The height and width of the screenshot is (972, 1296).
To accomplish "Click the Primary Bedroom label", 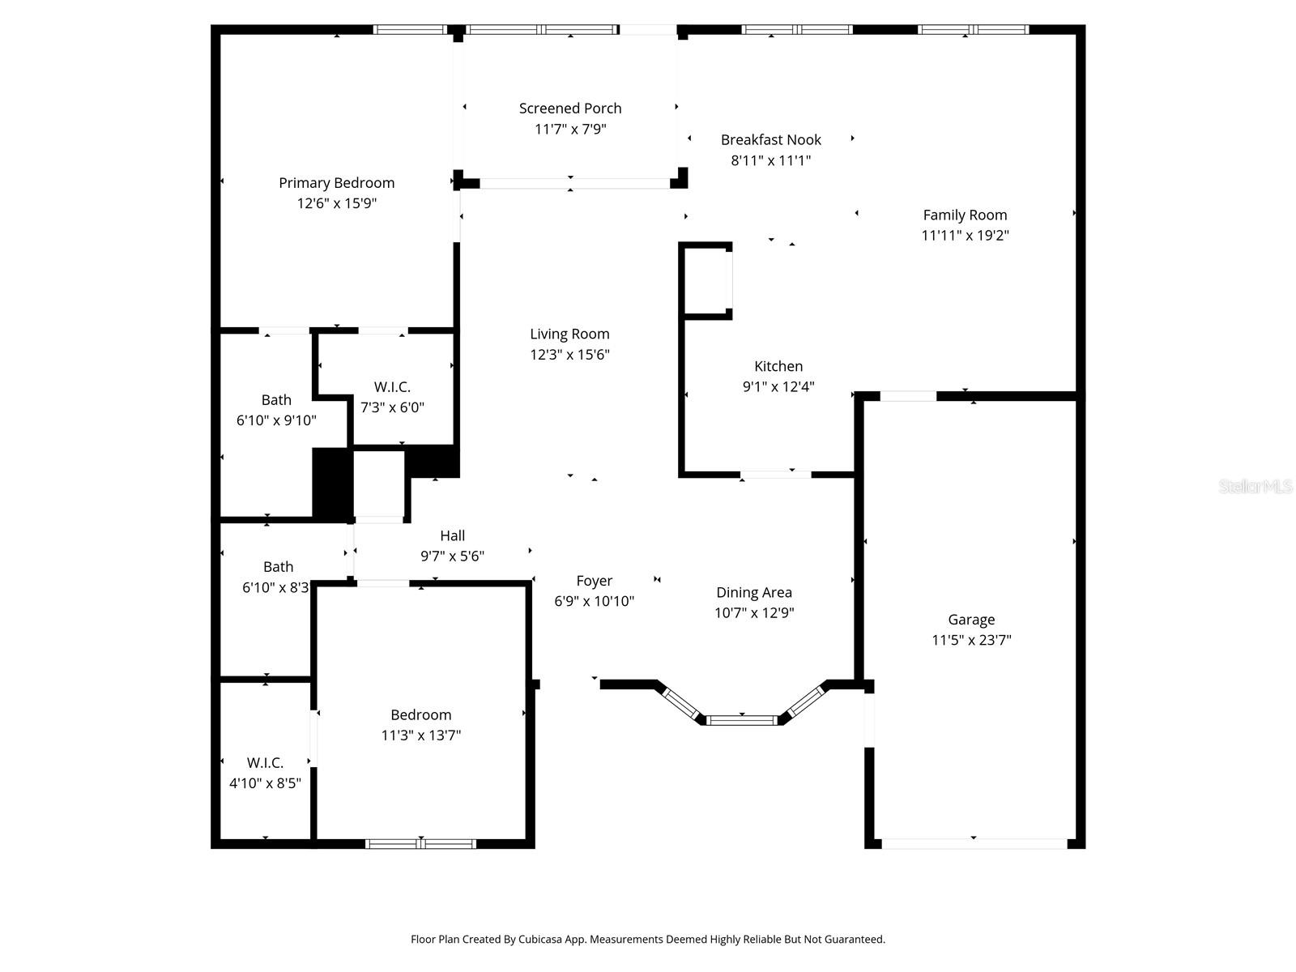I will coord(336,183).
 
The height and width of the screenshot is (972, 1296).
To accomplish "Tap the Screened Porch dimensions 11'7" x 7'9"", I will coord(570,129).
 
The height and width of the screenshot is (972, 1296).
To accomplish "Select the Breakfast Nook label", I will coord(770,140).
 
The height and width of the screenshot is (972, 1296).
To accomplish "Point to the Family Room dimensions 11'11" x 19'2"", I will coord(965,236).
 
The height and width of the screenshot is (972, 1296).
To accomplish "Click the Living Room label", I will coord(569,334).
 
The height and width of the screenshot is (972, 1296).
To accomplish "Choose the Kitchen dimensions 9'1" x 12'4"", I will coord(778,387).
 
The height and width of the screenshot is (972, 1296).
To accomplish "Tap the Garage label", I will coord(971,620).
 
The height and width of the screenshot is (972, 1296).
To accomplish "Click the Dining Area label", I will coord(753,593).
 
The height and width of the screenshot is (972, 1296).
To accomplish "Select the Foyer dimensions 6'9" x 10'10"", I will coord(594,601).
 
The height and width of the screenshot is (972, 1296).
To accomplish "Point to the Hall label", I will coord(452,535).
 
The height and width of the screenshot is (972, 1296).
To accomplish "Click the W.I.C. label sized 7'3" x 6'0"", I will coord(392,387).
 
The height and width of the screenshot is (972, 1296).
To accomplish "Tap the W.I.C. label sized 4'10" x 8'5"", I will coord(265,763).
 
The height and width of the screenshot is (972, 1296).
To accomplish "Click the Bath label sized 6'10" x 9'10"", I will coord(276,400).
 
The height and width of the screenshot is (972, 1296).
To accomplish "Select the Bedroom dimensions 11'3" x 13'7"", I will coord(420,735).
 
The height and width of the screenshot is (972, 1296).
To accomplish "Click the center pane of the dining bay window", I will coord(741,719).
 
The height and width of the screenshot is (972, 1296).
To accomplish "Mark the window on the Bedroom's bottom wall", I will coord(420,844).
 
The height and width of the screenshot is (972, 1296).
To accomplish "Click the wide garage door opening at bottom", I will coord(974,844).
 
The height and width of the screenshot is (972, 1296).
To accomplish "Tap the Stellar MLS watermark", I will coord(1255,487).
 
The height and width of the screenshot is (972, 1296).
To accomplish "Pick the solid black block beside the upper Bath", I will coord(332,484).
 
